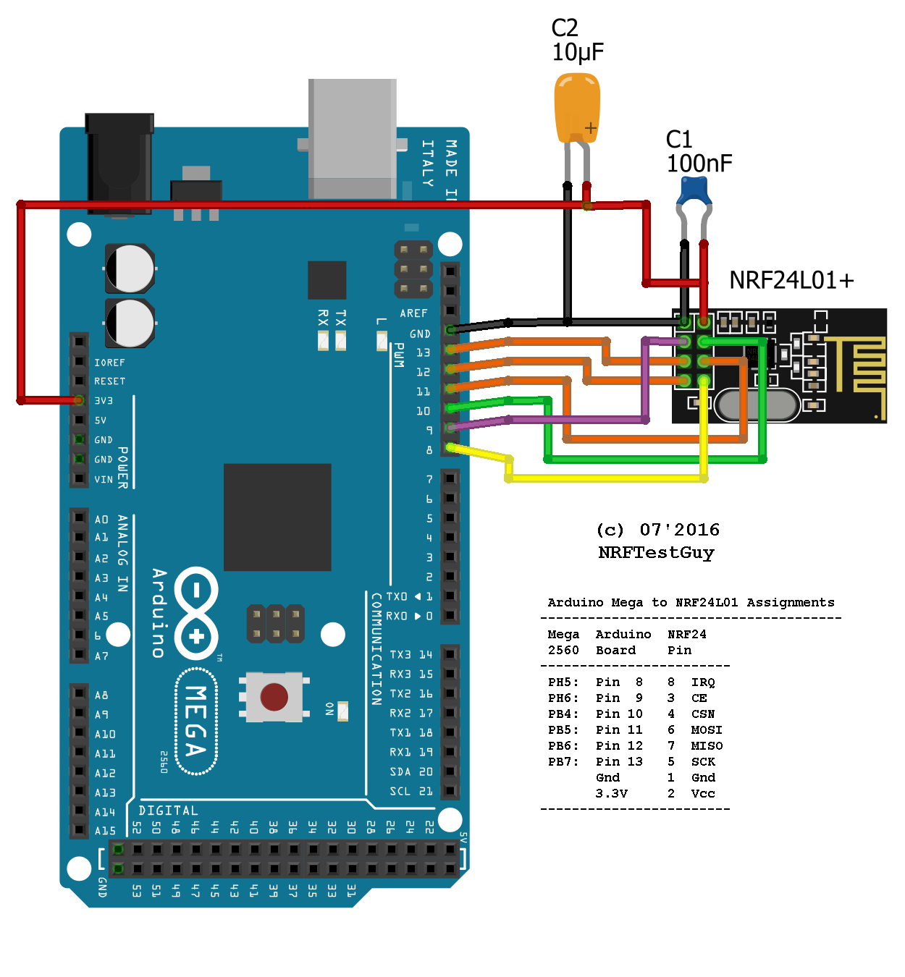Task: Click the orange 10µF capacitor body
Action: pos(577,109)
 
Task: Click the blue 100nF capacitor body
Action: pos(694,192)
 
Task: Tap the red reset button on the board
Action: pos(274,696)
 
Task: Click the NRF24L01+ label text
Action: pos(791,280)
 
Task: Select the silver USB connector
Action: pos(353,138)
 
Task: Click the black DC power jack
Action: pos(119,163)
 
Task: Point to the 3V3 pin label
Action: pos(104,400)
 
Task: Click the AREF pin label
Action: pos(413,313)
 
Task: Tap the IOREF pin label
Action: pos(109,363)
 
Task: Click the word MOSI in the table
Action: pos(707,729)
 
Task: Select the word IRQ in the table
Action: pos(703,682)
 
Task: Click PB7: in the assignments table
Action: pos(563,761)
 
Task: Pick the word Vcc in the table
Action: pos(703,793)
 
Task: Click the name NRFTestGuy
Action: pos(656,552)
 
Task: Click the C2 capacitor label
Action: pos(565,28)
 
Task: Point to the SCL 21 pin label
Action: pos(411,791)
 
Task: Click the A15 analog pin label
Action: pos(105,831)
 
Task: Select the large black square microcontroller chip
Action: pos(277,517)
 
